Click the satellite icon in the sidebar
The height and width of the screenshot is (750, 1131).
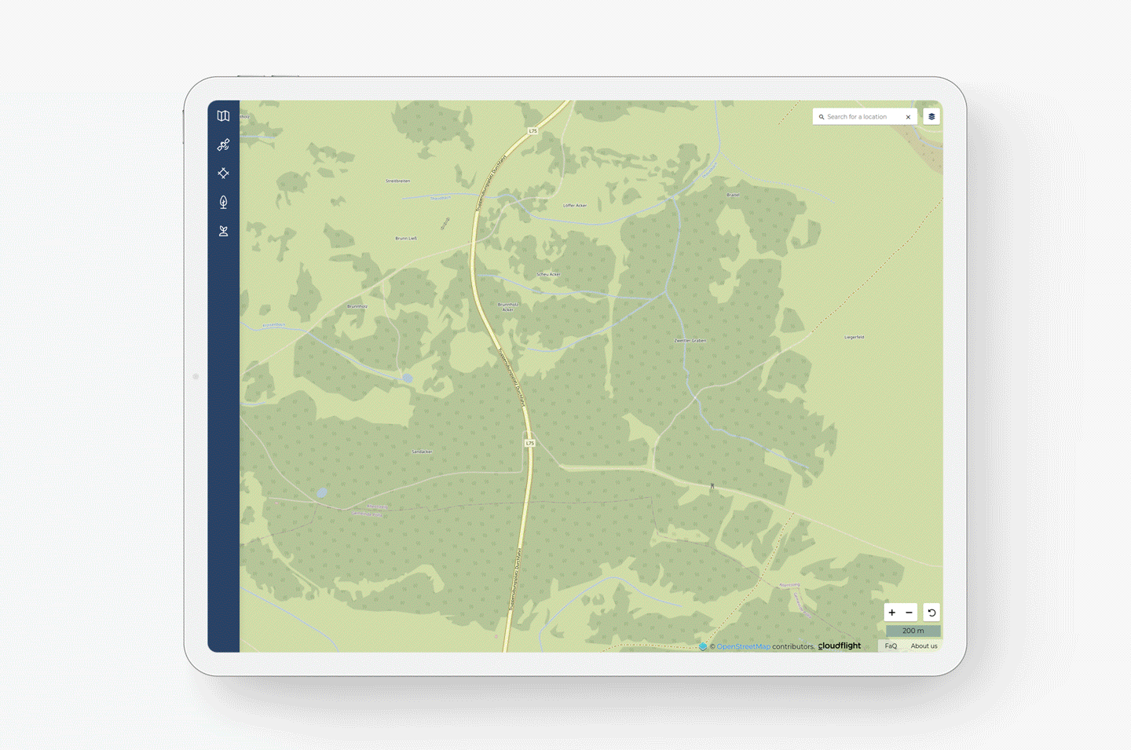(224, 145)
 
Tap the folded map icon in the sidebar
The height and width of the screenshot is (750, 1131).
(224, 116)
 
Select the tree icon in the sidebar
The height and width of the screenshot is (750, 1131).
(224, 203)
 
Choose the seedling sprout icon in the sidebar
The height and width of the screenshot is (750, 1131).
(224, 231)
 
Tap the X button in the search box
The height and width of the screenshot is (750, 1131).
(909, 117)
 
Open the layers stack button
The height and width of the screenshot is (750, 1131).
(932, 117)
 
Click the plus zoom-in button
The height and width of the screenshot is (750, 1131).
(892, 613)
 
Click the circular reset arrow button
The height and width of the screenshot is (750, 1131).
(932, 613)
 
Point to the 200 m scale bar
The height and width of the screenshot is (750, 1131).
(913, 631)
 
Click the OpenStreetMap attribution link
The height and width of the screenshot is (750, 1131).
(743, 646)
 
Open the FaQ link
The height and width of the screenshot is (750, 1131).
(891, 646)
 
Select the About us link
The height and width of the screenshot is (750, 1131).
(924, 646)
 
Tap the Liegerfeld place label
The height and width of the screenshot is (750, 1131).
(855, 337)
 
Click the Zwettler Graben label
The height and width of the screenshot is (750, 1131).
(690, 341)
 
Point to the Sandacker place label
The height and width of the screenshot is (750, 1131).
(422, 452)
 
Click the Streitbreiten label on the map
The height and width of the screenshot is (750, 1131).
(397, 181)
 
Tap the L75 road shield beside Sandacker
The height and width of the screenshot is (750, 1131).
(530, 443)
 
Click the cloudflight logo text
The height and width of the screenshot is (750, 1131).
(840, 646)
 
